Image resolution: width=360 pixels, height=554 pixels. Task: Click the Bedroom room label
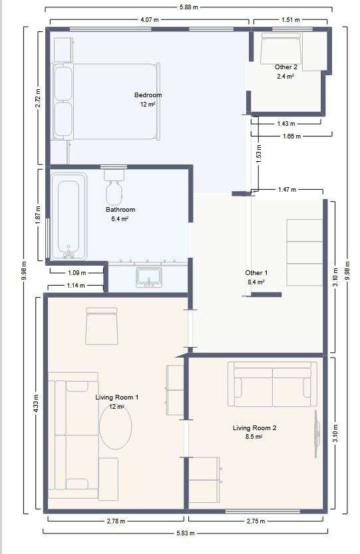click(148, 95)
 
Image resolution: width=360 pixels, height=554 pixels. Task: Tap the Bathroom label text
click(120, 210)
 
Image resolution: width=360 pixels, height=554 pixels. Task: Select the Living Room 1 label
click(117, 398)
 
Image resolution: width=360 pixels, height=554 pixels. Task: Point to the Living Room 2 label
click(254, 428)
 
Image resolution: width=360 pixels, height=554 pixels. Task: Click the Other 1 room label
click(256, 273)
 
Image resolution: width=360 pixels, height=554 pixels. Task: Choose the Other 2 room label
click(286, 67)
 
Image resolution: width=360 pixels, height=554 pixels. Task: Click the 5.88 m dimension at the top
click(188, 7)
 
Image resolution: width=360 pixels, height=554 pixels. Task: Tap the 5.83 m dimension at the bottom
click(185, 533)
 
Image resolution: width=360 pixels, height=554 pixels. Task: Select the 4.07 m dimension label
click(150, 20)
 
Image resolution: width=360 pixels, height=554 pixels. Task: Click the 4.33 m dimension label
click(36, 404)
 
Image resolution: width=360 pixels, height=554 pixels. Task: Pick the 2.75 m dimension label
click(256, 521)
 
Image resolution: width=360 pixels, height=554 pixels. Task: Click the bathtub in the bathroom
click(69, 216)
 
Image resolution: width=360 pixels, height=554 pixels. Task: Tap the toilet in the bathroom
click(114, 186)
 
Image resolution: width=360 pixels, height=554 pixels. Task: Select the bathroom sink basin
click(149, 277)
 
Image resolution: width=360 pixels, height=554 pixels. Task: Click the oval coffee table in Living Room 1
click(116, 427)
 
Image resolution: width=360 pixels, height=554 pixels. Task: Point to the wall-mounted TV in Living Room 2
click(317, 433)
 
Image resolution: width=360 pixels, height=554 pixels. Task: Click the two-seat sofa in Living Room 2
click(272, 384)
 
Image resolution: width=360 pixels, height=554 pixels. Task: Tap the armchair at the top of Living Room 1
click(102, 326)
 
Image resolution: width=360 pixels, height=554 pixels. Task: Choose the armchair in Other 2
click(281, 49)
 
